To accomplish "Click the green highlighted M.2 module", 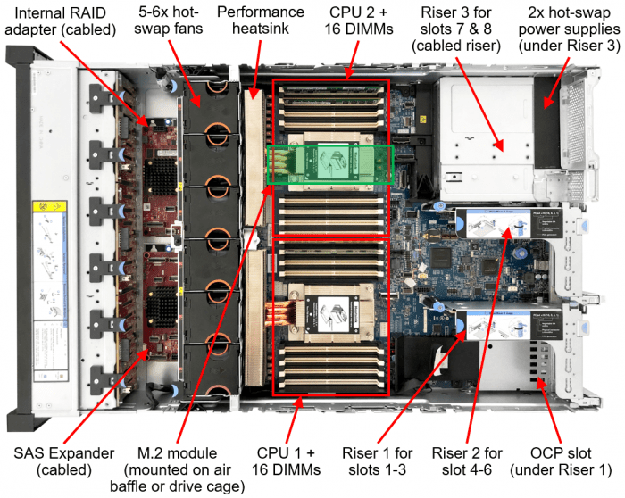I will (330, 165).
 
